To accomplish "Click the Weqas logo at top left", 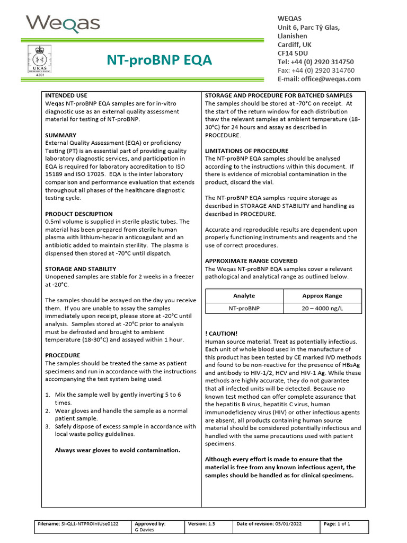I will click(x=63, y=24).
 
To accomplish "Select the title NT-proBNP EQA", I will click(x=160, y=60).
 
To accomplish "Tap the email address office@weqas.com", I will click(x=319, y=79).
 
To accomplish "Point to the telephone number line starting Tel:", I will click(x=316, y=62).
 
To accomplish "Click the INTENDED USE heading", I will click(x=66, y=95).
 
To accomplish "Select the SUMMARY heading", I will click(x=60, y=135).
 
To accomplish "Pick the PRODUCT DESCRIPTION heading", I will click(x=79, y=214).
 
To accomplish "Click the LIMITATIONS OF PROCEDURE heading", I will click(x=246, y=151).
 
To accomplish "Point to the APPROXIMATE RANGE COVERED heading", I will click(x=251, y=261).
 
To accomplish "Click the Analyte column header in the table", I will click(x=244, y=296).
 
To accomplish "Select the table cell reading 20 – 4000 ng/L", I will click(x=322, y=308).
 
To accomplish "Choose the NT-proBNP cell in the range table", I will click(x=244, y=308).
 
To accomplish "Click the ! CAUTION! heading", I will click(x=221, y=334).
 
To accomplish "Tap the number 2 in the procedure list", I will click(x=48, y=410).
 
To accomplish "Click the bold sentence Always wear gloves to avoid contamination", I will click(x=118, y=450).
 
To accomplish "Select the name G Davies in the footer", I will click(x=146, y=529).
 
